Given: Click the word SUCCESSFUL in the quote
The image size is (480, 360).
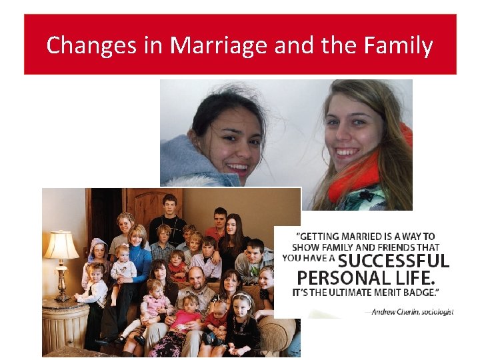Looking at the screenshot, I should (394, 261).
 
